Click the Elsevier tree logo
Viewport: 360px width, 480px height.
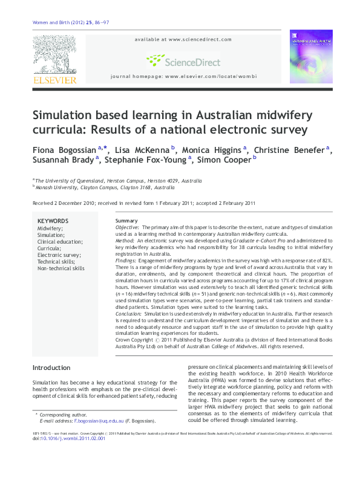(x=54, y=55)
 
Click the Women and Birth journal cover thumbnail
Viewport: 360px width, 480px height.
(x=311, y=56)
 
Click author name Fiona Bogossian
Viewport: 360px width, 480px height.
(x=64, y=149)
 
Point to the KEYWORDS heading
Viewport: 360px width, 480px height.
(x=53, y=221)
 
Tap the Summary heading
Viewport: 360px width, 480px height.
(x=126, y=221)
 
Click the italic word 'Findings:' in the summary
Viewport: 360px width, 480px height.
(x=128, y=261)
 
